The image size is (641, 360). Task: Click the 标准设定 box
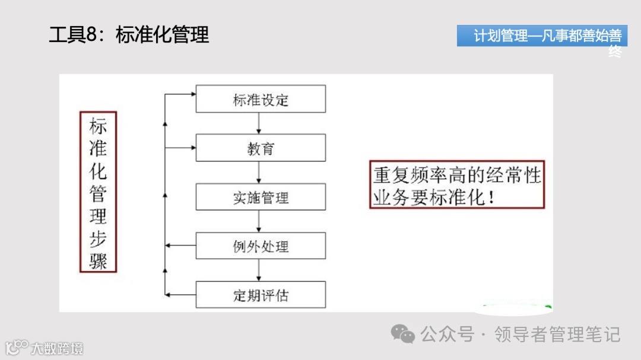pyautogui.click(x=261, y=99)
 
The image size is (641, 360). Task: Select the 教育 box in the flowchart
pyautogui.click(x=261, y=148)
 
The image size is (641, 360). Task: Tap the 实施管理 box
pyautogui.click(x=261, y=197)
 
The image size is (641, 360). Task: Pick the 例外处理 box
pyautogui.click(x=261, y=246)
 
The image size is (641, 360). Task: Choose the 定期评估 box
pyautogui.click(x=261, y=294)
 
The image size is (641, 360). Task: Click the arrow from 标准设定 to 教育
pyautogui.click(x=259, y=123)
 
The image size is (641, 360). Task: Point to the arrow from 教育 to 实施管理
pyautogui.click(x=259, y=173)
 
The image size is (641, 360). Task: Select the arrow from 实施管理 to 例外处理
pyautogui.click(x=259, y=221)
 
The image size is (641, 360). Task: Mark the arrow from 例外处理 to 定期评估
pyautogui.click(x=259, y=270)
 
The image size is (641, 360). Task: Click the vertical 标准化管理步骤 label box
pyautogui.click(x=98, y=192)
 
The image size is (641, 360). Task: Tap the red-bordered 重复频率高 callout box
pyautogui.click(x=457, y=184)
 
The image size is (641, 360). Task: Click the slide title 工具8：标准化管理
pyautogui.click(x=129, y=34)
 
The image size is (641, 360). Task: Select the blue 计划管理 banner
pyautogui.click(x=542, y=36)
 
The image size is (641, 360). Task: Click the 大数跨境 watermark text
pyautogui.click(x=57, y=348)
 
